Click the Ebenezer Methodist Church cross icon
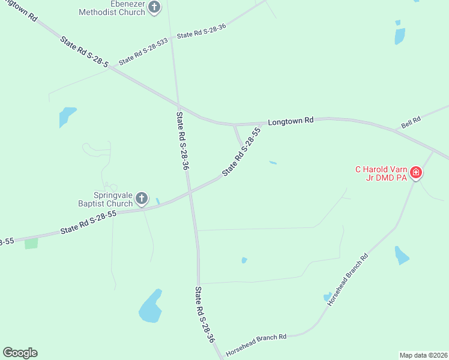point(155,7)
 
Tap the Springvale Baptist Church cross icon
point(142,198)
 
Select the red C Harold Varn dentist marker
point(415,174)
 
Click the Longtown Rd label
point(291,121)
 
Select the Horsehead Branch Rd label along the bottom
point(256,338)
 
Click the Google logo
point(20,353)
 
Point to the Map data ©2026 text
point(423,355)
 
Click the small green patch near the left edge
point(31,243)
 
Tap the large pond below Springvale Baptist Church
point(150,307)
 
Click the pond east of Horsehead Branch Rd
point(401,256)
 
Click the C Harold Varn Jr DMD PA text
point(381,173)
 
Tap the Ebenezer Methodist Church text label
point(114,7)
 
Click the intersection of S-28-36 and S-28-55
point(190,193)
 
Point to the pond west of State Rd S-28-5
point(67,116)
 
